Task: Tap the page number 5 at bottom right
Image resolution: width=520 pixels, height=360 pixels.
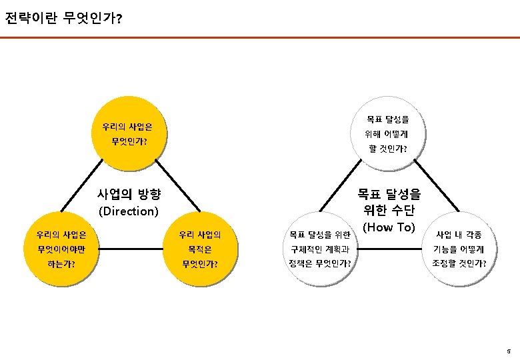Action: pyautogui.click(x=508, y=351)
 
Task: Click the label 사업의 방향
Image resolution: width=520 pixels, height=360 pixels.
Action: pyautogui.click(x=129, y=195)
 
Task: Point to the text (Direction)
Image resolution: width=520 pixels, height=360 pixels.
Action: pyautogui.click(x=129, y=212)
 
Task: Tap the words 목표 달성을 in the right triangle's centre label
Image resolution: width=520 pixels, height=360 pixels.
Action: pyautogui.click(x=389, y=195)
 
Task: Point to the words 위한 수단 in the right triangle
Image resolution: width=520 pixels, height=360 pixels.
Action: pyautogui.click(x=389, y=211)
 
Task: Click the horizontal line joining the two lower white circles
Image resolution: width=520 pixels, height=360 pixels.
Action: pyautogui.click(x=390, y=250)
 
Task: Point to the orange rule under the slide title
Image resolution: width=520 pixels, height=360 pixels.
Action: pyautogui.click(x=260, y=37)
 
